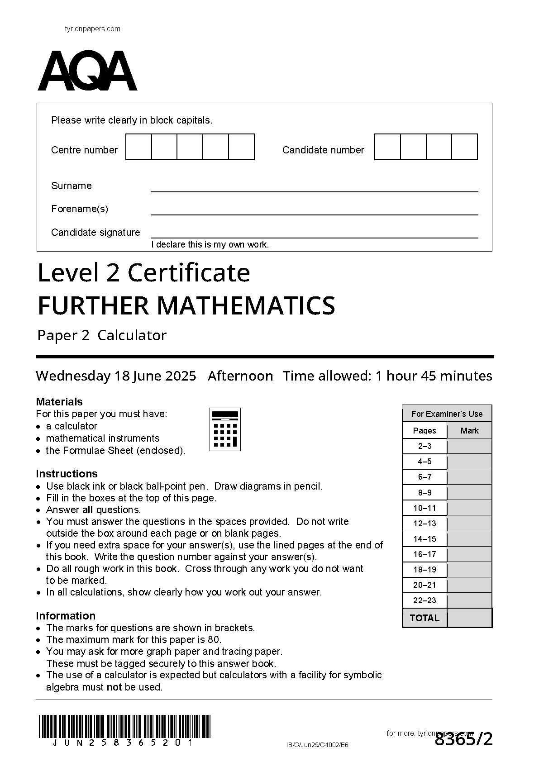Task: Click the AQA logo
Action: tap(87, 71)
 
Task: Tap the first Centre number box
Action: tap(138, 147)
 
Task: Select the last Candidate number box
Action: tap(464, 147)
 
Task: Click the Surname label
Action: tap(72, 186)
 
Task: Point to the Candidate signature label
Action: tap(95, 232)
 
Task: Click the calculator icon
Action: tap(225, 429)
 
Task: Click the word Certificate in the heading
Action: tap(189, 273)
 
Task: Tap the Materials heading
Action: tap(59, 401)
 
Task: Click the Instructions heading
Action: tap(67, 473)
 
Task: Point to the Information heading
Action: tap(66, 615)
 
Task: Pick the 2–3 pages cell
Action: tap(425, 446)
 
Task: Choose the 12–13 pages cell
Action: tap(425, 524)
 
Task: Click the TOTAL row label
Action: tap(425, 618)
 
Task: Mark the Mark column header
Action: tap(469, 430)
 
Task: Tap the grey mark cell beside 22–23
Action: tap(469, 600)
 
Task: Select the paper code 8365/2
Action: tap(463, 740)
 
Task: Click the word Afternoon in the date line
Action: tap(240, 376)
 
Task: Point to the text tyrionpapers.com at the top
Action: tap(93, 29)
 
